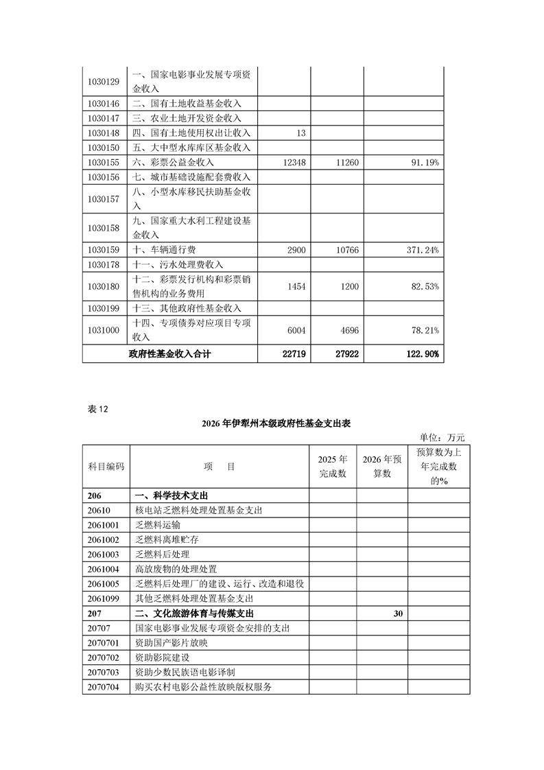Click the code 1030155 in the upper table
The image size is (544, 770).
[104, 163]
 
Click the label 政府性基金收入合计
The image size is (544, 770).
[169, 354]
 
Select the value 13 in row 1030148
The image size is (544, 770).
[301, 133]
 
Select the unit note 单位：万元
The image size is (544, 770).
[442, 437]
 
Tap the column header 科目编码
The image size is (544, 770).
[106, 467]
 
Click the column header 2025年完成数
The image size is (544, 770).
[333, 466]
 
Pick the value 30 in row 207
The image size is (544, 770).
[398, 614]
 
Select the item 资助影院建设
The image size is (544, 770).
[164, 657]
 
